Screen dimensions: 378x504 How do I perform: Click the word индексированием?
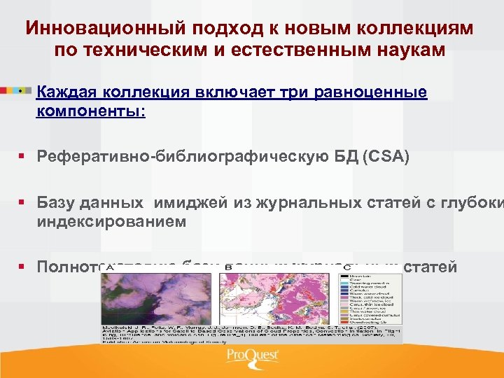point(111,221)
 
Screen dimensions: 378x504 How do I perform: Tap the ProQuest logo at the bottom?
point(251,357)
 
